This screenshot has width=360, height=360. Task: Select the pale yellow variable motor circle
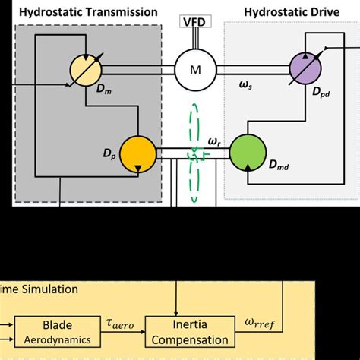tap(89, 70)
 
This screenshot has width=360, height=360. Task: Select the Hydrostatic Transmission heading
tap(88, 12)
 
